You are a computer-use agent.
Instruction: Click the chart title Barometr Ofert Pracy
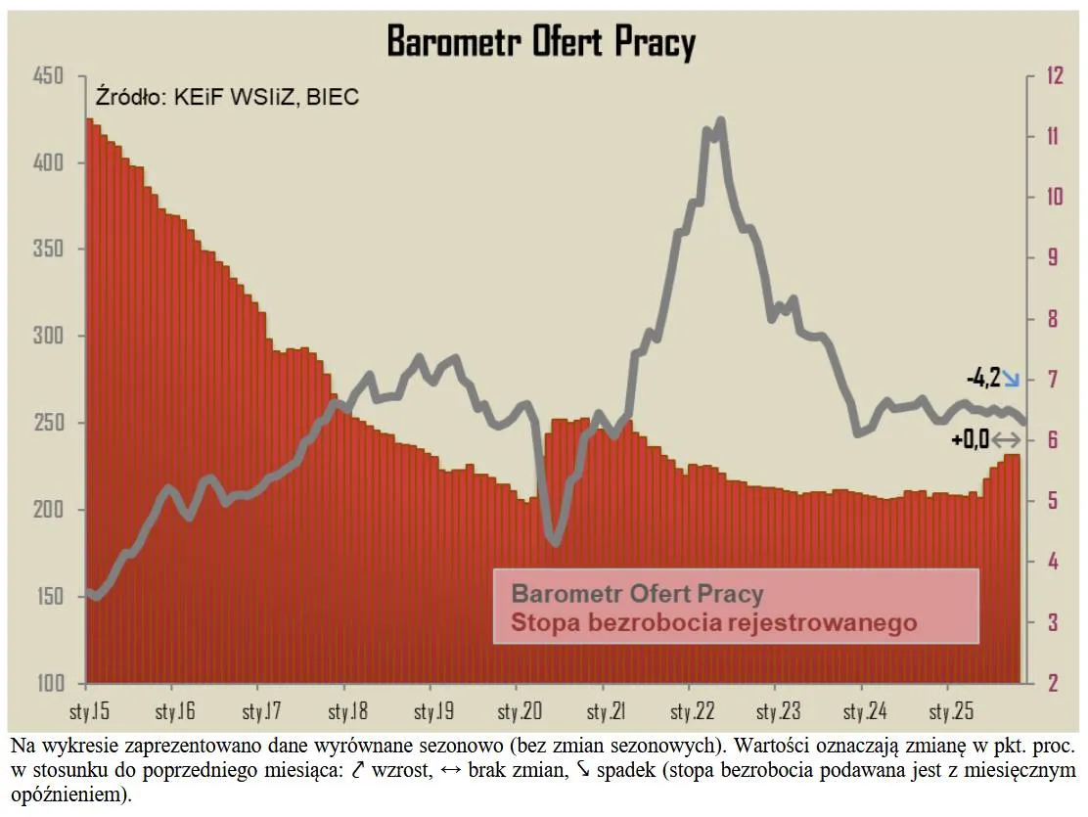pyautogui.click(x=541, y=42)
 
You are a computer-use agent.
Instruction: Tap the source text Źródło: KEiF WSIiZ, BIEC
pyautogui.click(x=227, y=97)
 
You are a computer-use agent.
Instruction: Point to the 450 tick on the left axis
pyautogui.click(x=48, y=76)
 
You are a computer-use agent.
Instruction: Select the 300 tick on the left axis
pyautogui.click(x=48, y=336)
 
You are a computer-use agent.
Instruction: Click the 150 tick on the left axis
pyautogui.click(x=48, y=597)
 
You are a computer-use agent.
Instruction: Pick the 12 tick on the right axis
pyautogui.click(x=1053, y=76)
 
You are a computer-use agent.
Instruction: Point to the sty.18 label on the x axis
pyautogui.click(x=346, y=710)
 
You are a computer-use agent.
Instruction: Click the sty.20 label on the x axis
pyautogui.click(x=519, y=710)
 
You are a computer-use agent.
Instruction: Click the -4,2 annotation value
pyautogui.click(x=982, y=377)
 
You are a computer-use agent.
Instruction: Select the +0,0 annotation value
pyautogui.click(x=970, y=439)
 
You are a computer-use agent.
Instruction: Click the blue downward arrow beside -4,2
pyautogui.click(x=1011, y=378)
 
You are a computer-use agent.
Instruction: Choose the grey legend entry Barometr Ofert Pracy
pyautogui.click(x=637, y=593)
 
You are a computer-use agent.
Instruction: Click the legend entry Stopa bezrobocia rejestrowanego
pyautogui.click(x=714, y=622)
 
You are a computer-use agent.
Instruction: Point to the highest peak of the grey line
pyautogui.click(x=721, y=121)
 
